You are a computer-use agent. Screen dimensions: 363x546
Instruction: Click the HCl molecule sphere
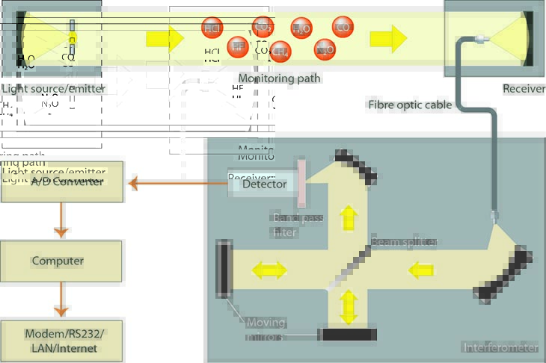coord(213,28)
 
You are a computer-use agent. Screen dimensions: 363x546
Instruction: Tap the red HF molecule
coord(237,46)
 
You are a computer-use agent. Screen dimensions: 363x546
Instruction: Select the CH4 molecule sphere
coord(280,52)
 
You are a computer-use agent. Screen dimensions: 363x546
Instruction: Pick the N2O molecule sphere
coord(325,49)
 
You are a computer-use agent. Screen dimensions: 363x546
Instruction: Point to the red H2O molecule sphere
coord(301,28)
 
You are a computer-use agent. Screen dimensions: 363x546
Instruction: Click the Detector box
coord(264,184)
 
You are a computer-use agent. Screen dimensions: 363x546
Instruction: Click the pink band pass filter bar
coord(302,184)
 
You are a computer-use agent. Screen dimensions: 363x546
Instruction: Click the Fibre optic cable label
coord(410,105)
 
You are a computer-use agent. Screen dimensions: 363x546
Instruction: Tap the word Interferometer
coord(500,347)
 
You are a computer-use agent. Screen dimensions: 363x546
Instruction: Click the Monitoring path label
coord(279,78)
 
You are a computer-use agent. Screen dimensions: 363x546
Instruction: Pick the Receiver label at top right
coord(524,89)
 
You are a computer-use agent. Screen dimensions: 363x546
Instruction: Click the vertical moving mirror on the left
coord(224,268)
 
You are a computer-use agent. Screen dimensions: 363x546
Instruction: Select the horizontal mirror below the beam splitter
coord(348,334)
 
